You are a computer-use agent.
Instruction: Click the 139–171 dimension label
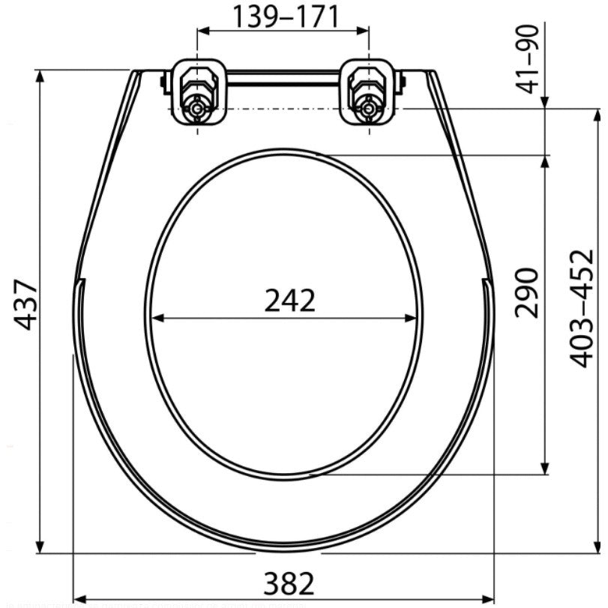click(x=285, y=17)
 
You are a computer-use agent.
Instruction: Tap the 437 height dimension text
click(x=25, y=304)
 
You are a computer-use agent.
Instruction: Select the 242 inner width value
click(x=290, y=301)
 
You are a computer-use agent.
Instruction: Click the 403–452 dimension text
click(x=582, y=308)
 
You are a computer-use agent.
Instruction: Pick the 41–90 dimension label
click(x=529, y=59)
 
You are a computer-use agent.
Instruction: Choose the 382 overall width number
click(x=289, y=583)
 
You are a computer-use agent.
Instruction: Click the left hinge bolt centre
click(x=198, y=109)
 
